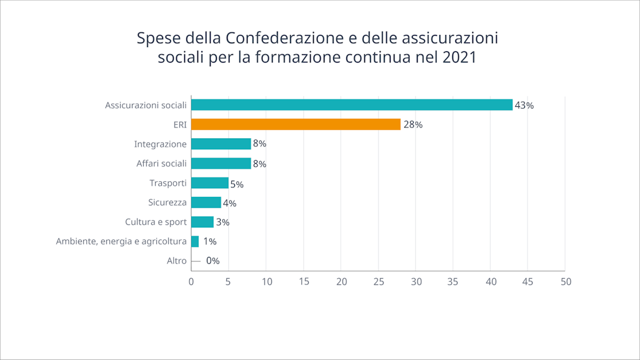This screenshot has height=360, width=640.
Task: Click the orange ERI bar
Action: click(x=296, y=124)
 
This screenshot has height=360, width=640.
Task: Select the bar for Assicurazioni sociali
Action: click(x=352, y=105)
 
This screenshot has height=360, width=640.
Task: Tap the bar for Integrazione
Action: click(x=221, y=144)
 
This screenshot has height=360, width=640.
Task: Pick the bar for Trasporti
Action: click(x=209, y=183)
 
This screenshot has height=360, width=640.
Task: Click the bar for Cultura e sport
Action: click(x=202, y=222)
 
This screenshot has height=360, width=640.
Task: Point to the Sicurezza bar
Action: click(x=206, y=202)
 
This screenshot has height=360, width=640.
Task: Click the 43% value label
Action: click(x=524, y=106)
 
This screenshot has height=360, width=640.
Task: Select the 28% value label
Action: click(x=412, y=125)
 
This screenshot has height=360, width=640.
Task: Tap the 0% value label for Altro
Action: click(x=212, y=261)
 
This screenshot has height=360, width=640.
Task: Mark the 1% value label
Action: click(x=209, y=241)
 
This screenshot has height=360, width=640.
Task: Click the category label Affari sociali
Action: click(x=161, y=164)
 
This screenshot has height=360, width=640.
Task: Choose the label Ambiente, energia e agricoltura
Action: click(x=121, y=241)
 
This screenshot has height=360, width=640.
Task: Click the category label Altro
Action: click(x=176, y=261)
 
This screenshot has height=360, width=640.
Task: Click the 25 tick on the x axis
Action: click(x=379, y=282)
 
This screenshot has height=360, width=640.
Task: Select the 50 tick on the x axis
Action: click(x=566, y=282)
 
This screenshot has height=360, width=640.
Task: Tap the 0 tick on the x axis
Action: click(x=191, y=282)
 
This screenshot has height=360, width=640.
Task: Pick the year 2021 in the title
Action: click(x=459, y=58)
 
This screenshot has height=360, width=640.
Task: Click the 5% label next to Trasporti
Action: click(x=236, y=184)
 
